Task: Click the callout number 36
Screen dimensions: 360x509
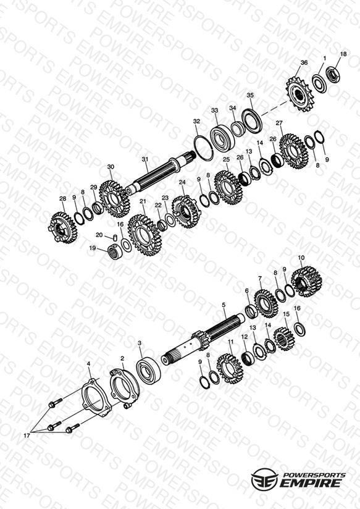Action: click(x=304, y=62)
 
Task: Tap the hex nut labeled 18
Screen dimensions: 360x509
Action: click(x=333, y=74)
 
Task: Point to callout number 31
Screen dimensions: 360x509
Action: click(x=144, y=159)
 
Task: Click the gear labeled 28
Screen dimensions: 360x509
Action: click(x=64, y=227)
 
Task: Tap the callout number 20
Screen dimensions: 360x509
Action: click(x=99, y=235)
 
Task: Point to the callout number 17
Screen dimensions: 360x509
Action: click(x=27, y=435)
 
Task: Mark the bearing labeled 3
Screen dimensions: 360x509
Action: click(x=148, y=370)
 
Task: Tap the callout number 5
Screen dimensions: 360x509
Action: click(x=224, y=305)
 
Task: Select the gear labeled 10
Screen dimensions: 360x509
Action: click(x=307, y=281)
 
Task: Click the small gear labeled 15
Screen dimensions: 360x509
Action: click(x=284, y=339)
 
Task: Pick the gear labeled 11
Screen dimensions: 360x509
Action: click(x=230, y=368)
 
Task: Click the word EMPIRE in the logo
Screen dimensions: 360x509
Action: click(x=311, y=482)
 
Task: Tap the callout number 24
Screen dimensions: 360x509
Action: click(x=182, y=182)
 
